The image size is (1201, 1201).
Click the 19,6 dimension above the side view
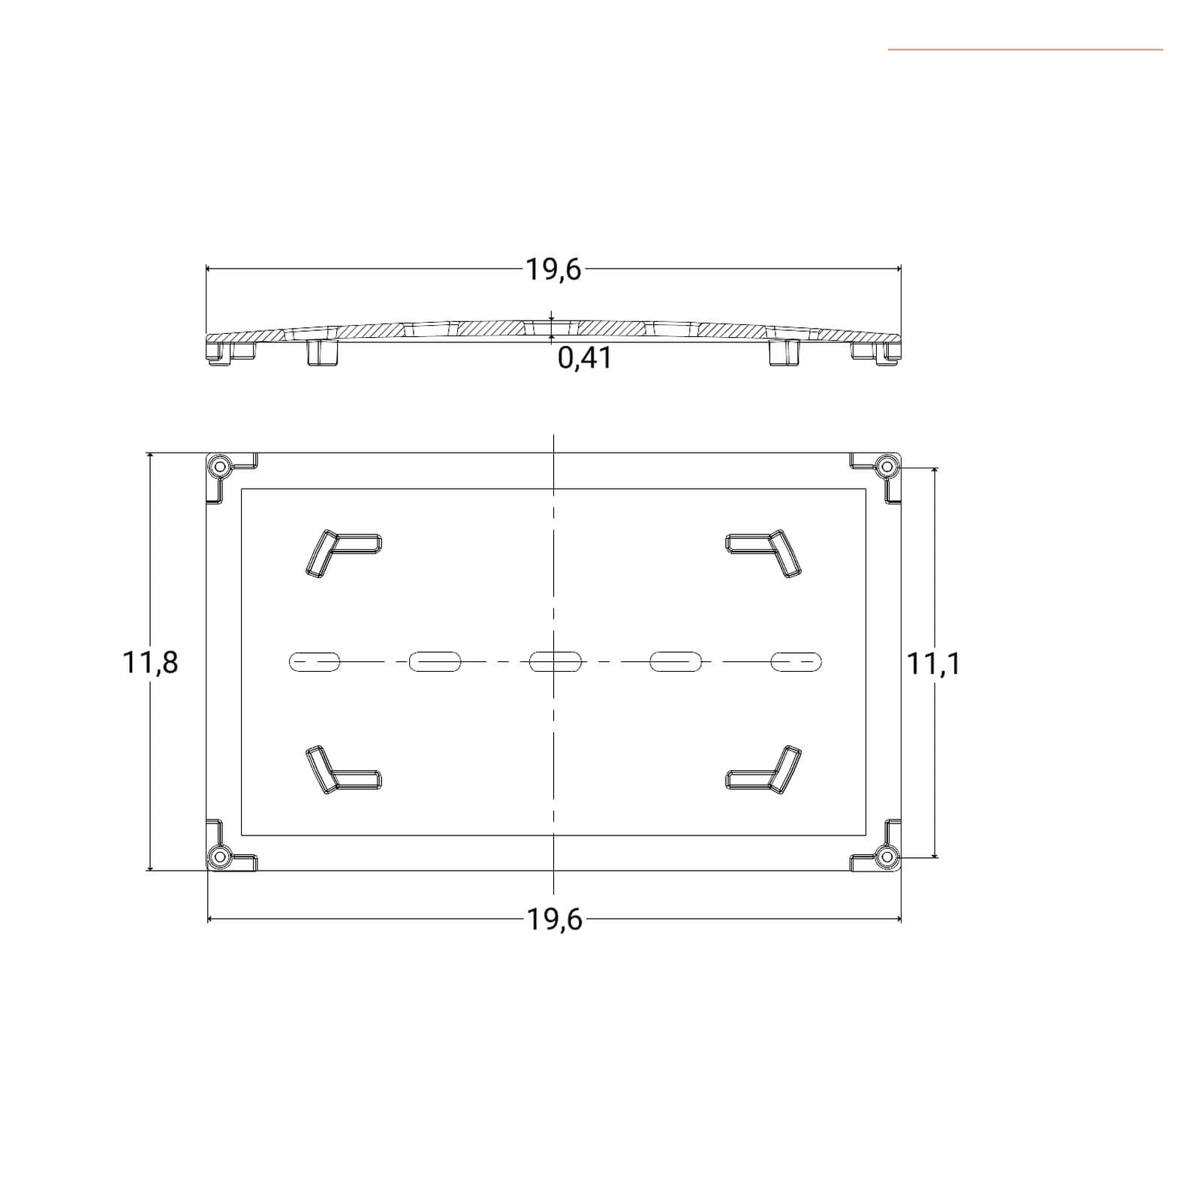click(x=553, y=269)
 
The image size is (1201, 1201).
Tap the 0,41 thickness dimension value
click(x=585, y=359)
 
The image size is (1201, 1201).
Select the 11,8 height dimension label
click(x=150, y=663)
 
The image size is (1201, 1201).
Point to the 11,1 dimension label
click(x=934, y=664)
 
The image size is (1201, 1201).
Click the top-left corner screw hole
click(x=220, y=467)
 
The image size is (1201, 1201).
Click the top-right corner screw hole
click(x=886, y=467)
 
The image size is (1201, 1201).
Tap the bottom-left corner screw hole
click(x=220, y=856)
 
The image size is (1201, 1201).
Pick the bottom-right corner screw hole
click(x=886, y=856)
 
